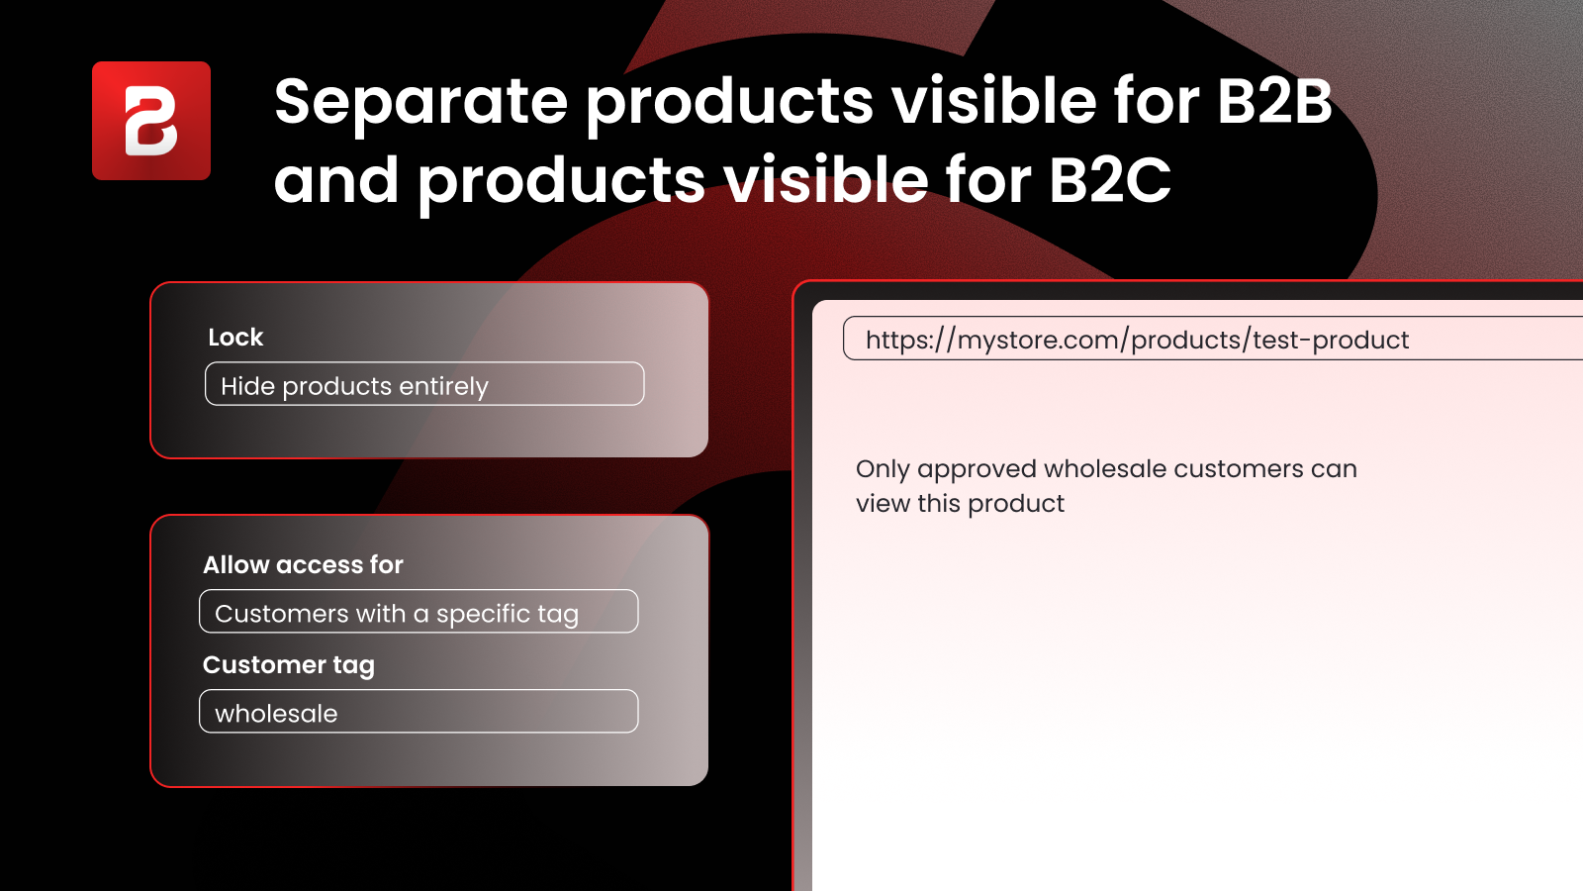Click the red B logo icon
151,121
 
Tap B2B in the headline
1274,101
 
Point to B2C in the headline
1109,179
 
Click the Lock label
235,338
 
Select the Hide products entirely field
424,384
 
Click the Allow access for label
303,565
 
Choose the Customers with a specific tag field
419,612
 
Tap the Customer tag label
288,665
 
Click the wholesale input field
419,712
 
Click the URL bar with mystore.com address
1213,339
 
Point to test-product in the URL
1331,341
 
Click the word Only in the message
883,469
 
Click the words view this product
960,504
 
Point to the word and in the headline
335,179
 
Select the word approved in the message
977,470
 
